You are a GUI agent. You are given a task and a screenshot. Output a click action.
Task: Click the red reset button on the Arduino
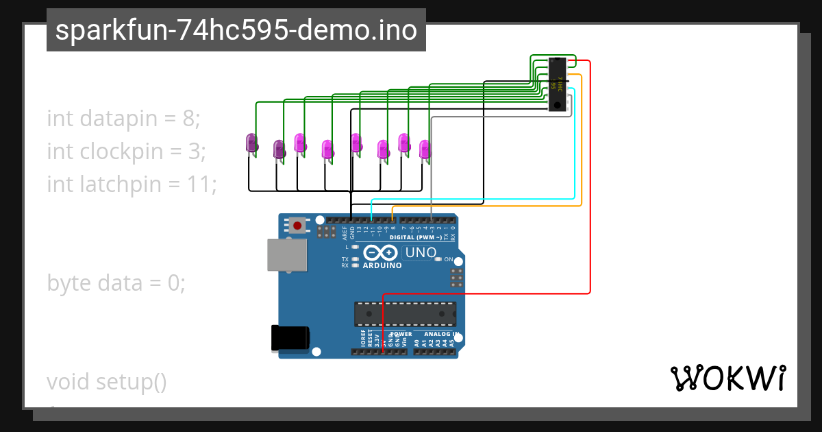tap(297, 225)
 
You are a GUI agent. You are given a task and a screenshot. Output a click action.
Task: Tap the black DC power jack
tap(290, 338)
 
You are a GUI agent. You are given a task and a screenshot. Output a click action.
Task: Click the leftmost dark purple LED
tap(251, 143)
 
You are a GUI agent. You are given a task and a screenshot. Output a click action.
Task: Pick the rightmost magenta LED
tap(425, 149)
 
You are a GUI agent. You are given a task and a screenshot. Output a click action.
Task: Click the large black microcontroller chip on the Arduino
tap(405, 313)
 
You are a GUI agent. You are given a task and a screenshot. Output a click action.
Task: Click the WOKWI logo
tap(727, 378)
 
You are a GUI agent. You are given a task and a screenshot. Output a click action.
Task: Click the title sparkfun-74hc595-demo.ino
tap(236, 30)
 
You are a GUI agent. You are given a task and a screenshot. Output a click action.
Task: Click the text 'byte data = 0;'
tap(116, 283)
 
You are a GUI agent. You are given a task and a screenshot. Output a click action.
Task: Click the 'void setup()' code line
tap(106, 381)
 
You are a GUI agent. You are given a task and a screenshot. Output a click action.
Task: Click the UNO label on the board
tap(421, 252)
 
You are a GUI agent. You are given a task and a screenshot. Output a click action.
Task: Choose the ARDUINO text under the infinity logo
tap(382, 265)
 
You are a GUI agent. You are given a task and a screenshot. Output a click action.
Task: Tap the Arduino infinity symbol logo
tap(382, 252)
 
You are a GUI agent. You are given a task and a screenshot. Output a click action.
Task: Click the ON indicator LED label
tap(449, 259)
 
